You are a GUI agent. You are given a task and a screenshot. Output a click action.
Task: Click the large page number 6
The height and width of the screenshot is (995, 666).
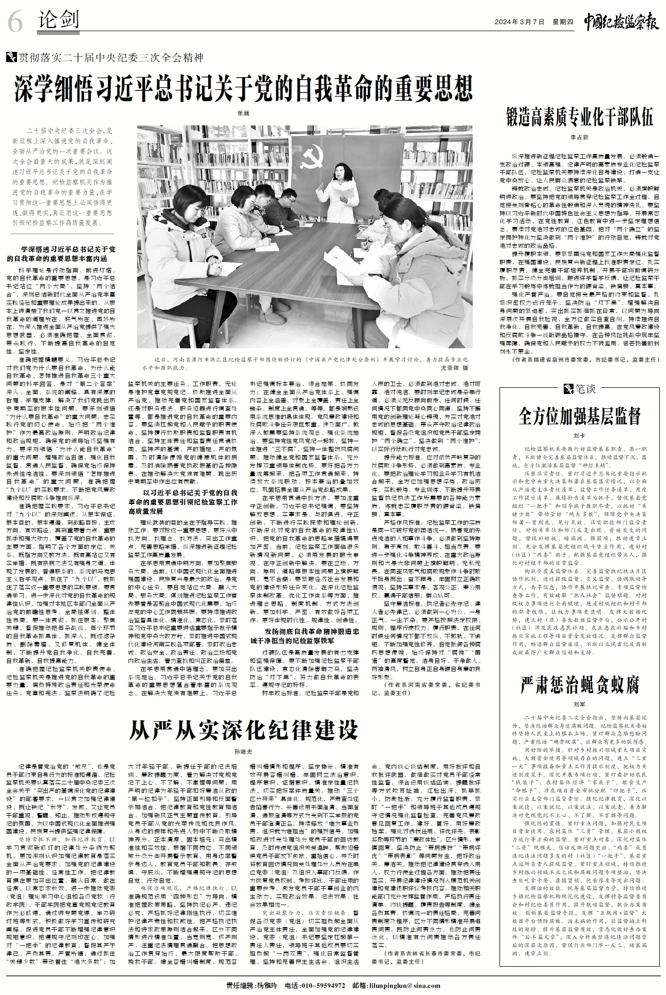tap(16, 22)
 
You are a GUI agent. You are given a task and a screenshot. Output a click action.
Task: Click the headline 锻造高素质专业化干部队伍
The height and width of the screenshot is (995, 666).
tap(579, 118)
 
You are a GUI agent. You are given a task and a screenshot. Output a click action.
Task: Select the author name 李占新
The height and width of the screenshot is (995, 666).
tap(579, 137)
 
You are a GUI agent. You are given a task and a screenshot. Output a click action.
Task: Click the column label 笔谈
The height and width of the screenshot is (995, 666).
tap(584, 389)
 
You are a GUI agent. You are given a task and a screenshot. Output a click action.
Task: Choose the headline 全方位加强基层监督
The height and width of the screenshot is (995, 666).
tap(579, 416)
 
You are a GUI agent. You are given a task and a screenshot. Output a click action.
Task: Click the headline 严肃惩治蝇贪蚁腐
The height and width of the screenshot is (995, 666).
tap(579, 684)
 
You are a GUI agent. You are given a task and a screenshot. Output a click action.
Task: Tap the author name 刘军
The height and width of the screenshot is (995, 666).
tap(579, 704)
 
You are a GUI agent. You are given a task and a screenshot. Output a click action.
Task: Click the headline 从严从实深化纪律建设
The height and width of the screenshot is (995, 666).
tap(244, 729)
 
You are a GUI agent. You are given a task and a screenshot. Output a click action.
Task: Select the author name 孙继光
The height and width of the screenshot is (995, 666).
tap(244, 751)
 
